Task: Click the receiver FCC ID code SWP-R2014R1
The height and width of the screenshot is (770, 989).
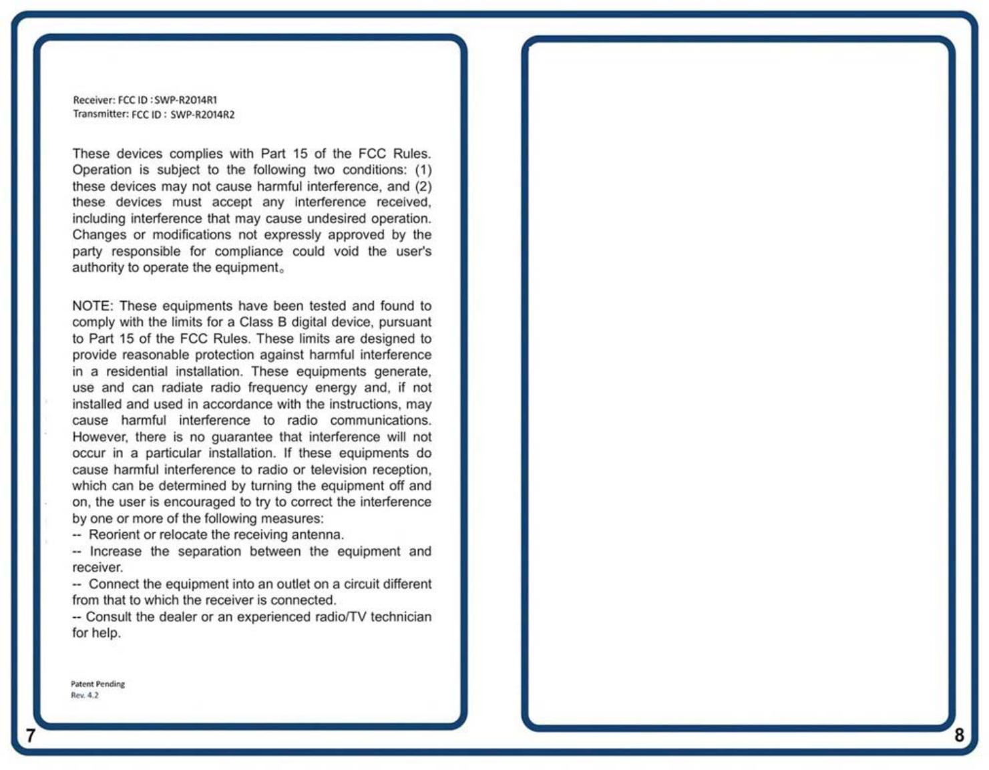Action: point(186,100)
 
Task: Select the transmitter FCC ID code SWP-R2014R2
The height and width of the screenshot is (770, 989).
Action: point(202,115)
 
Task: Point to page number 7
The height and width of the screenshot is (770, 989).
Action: point(30,735)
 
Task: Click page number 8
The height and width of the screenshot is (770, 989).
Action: point(959,735)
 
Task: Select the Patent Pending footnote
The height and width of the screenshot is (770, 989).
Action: point(97,684)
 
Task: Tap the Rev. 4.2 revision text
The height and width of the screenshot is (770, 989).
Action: point(84,695)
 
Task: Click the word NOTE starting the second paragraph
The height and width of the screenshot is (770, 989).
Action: point(91,306)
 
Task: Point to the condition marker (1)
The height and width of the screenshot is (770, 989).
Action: point(423,170)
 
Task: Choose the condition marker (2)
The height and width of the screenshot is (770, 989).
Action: point(423,186)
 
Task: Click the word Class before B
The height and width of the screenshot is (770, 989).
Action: point(256,322)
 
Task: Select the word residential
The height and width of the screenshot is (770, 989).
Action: point(137,371)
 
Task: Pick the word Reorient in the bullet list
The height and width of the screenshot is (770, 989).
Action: point(114,535)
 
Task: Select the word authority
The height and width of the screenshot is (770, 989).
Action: point(97,268)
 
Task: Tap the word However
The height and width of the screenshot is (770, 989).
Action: point(100,437)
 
